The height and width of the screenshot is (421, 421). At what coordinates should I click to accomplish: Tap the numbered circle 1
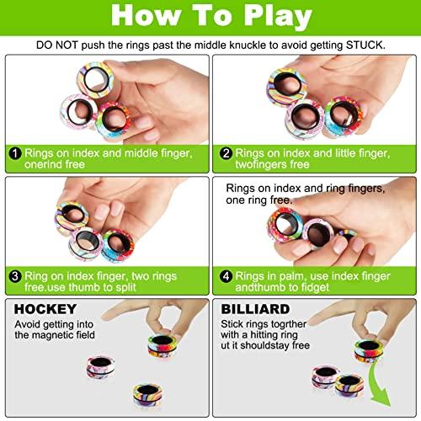click(x=15, y=153)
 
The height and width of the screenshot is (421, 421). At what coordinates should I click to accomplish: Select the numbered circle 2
click(x=225, y=153)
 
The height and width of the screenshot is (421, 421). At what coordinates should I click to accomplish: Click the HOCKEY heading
click(x=40, y=309)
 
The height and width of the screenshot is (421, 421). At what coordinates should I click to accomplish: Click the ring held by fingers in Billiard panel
click(x=368, y=349)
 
